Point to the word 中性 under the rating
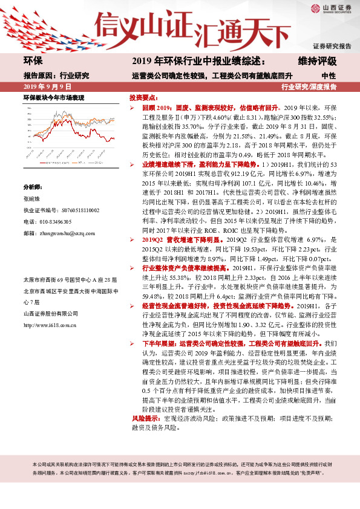pos(329,76)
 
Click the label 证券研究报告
pos(332,47)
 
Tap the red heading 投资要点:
pos(144,97)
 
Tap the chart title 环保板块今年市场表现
pos(53,98)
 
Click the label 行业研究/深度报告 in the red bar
pos(309,87)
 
